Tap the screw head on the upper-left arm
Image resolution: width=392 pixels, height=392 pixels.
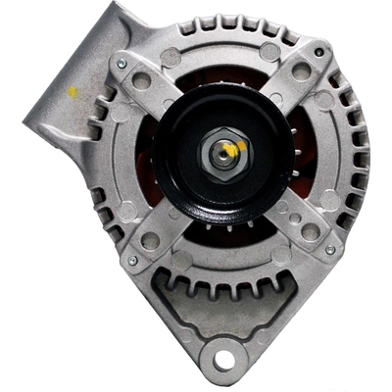(x=122, y=64)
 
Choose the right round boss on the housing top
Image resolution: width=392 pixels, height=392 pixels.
(x=269, y=51)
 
